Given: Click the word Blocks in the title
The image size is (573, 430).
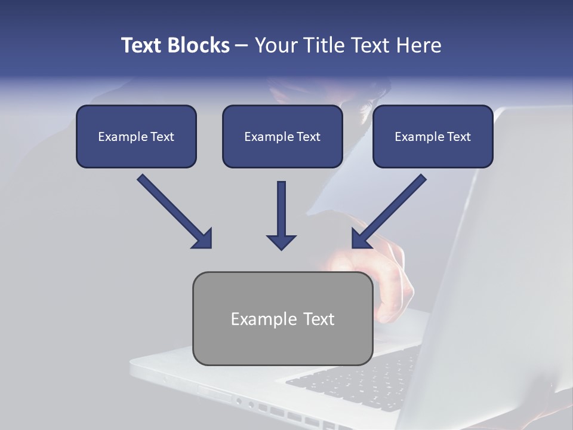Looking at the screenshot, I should pos(199,45).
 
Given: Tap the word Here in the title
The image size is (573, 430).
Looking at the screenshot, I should pos(419,45).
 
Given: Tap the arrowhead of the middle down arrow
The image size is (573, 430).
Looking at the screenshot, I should pos(281,241).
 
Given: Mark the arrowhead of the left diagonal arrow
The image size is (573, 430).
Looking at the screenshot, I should pos(203,239).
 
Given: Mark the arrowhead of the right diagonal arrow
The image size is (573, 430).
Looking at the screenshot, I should pos(360,239).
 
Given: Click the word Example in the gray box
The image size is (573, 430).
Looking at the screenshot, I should pos(264,319).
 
